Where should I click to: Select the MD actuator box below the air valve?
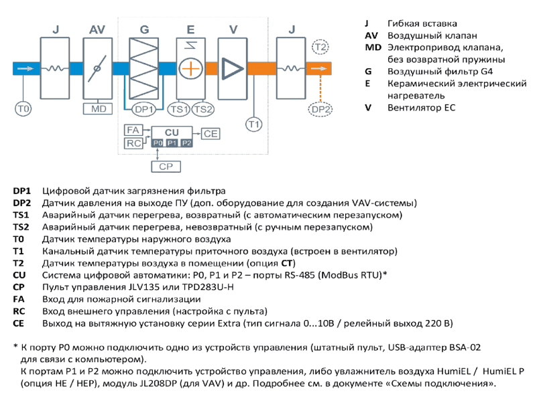click(98, 109)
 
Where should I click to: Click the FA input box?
click(133, 130)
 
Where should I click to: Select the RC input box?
click(133, 143)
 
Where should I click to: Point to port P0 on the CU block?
click(158, 143)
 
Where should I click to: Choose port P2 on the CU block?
click(186, 143)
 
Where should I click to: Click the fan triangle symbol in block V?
click(233, 69)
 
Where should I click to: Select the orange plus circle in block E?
click(190, 69)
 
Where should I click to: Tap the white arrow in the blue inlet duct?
click(25, 69)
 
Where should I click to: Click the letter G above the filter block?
click(144, 29)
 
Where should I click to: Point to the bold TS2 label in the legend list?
click(21, 228)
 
